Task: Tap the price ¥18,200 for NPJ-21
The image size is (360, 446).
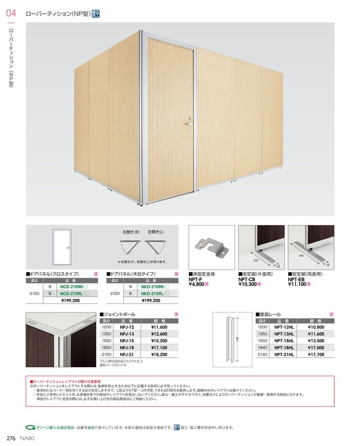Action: [159, 355]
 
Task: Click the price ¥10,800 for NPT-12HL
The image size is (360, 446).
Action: [315, 327]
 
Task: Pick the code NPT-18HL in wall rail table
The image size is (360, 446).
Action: [283, 348]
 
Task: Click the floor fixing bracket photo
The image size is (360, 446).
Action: [211, 247]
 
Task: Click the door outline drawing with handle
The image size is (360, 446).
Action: [62, 246]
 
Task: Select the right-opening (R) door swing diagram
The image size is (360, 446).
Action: [130, 246]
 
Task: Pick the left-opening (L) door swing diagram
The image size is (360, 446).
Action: [155, 246]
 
